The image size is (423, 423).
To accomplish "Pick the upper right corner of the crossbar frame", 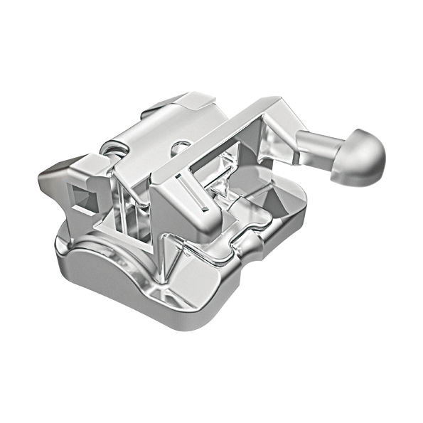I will pos(281,107).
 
